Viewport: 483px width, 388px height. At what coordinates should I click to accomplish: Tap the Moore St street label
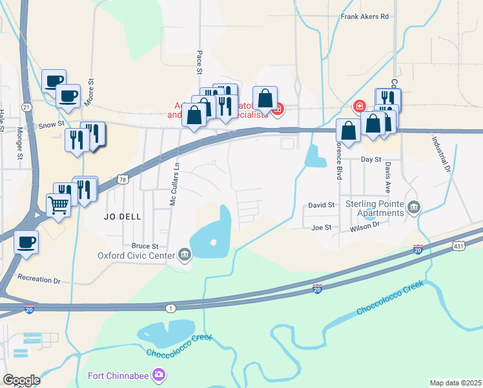[91, 91]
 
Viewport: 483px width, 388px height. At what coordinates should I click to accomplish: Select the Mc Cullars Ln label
[173, 184]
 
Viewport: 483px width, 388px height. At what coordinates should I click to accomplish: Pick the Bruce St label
[145, 246]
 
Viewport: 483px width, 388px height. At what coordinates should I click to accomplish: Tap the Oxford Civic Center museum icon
[185, 254]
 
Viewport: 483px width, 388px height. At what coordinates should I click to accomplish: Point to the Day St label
[371, 159]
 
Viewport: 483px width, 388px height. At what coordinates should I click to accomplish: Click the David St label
[321, 205]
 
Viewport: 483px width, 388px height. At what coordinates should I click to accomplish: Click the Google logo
[21, 380]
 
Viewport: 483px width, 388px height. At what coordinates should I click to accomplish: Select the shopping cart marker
[58, 206]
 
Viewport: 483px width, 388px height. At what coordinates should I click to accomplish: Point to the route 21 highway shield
[26, 107]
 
